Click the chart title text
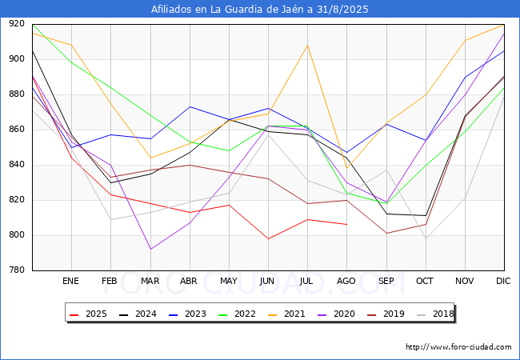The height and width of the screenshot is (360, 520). tap(260, 10)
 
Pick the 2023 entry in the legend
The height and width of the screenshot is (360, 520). tap(183, 314)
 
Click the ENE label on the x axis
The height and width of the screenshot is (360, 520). tap(71, 282)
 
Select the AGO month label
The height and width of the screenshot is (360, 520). tap(346, 282)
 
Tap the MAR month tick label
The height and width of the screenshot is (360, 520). tap(150, 282)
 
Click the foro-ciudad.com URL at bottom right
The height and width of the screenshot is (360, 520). tap(458, 347)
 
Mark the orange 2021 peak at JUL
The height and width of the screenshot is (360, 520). tap(307, 45)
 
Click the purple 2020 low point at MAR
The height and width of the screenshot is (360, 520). tap(150, 249)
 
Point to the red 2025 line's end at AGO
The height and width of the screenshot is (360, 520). tap(346, 224)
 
